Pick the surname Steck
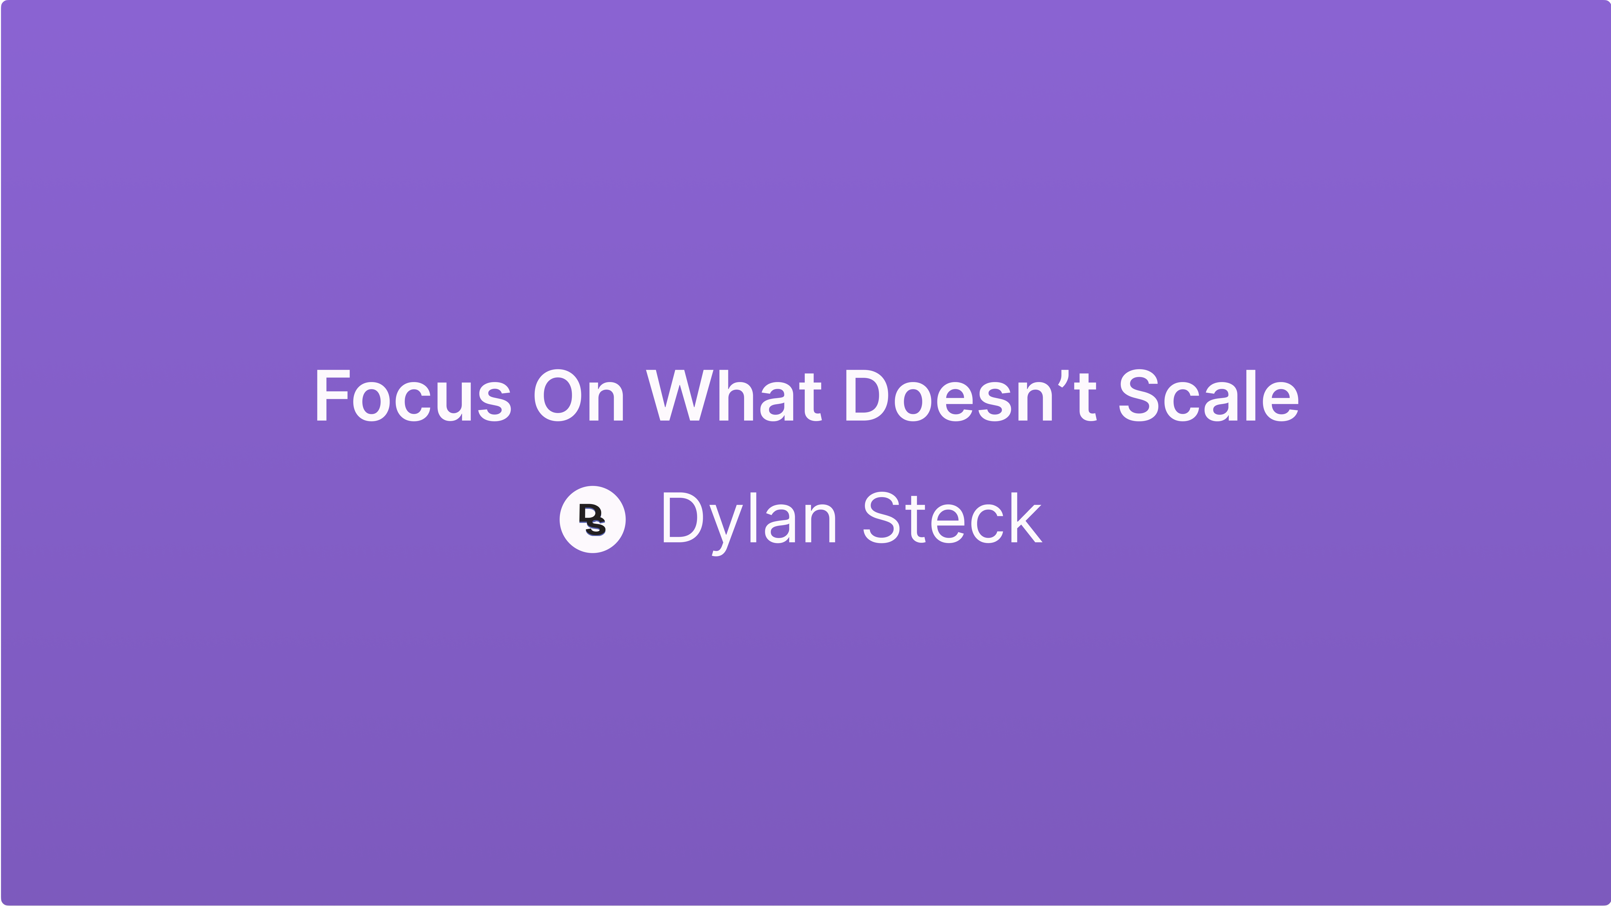pyautogui.click(x=952, y=519)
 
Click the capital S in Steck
pyautogui.click(x=882, y=519)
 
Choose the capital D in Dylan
pyautogui.click(x=682, y=519)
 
